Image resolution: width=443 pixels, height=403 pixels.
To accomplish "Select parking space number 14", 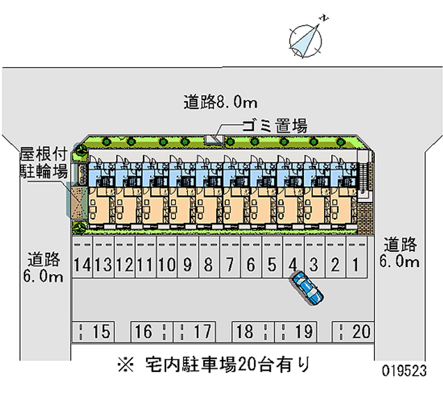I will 82,265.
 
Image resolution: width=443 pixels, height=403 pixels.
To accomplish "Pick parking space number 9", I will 188,265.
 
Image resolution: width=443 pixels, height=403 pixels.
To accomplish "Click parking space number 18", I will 244,332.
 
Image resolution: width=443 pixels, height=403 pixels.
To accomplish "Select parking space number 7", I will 230,265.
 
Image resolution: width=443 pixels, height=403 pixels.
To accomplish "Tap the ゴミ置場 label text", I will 274,126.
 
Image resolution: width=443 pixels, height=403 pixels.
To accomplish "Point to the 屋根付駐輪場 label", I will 44,161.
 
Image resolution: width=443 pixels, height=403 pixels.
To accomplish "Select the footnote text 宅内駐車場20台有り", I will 228,365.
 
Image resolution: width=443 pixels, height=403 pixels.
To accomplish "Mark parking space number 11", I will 146,265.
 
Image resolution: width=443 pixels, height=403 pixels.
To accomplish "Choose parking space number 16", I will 143,332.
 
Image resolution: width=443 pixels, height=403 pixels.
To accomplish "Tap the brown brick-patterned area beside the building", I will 365,219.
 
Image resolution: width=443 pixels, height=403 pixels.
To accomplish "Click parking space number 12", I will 125,265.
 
